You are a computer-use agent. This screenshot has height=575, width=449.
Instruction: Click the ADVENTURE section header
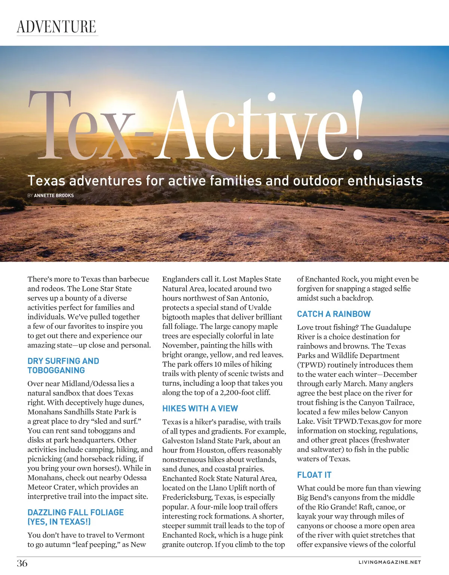(x=56, y=27)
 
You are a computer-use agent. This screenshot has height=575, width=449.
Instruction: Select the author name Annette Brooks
(x=54, y=196)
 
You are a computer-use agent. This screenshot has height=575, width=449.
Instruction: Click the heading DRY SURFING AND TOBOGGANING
(x=63, y=366)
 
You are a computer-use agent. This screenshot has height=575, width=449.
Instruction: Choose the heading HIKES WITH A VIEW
(x=200, y=408)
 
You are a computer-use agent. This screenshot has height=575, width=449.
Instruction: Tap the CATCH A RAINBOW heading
(x=334, y=314)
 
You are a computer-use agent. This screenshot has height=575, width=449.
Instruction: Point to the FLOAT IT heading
(x=314, y=475)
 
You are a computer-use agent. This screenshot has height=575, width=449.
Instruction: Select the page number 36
(x=22, y=563)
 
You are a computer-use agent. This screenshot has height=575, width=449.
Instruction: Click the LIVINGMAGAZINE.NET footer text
(x=390, y=562)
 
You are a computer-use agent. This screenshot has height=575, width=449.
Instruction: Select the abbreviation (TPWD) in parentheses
(x=311, y=365)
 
